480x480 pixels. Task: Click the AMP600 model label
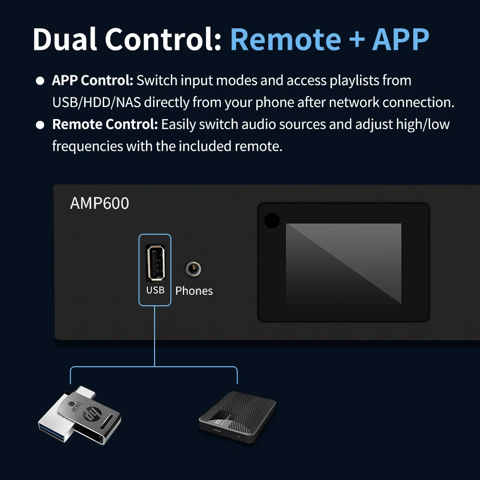pos(99,203)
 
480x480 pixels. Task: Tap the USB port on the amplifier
pos(156,263)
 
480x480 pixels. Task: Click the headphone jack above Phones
pos(193,268)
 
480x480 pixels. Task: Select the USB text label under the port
pos(155,290)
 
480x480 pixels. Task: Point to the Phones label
pos(194,290)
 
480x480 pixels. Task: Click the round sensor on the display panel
pos(272,220)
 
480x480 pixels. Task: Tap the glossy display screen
pos(344,264)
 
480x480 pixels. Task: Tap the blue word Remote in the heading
pos(286,39)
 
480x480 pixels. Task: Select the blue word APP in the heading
pos(401,39)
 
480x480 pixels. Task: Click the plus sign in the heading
pos(357,39)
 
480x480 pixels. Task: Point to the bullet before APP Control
pos(40,81)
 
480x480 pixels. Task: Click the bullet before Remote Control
pos(40,125)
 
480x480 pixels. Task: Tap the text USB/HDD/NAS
pos(96,102)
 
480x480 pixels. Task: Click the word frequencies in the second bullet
pos(87,146)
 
